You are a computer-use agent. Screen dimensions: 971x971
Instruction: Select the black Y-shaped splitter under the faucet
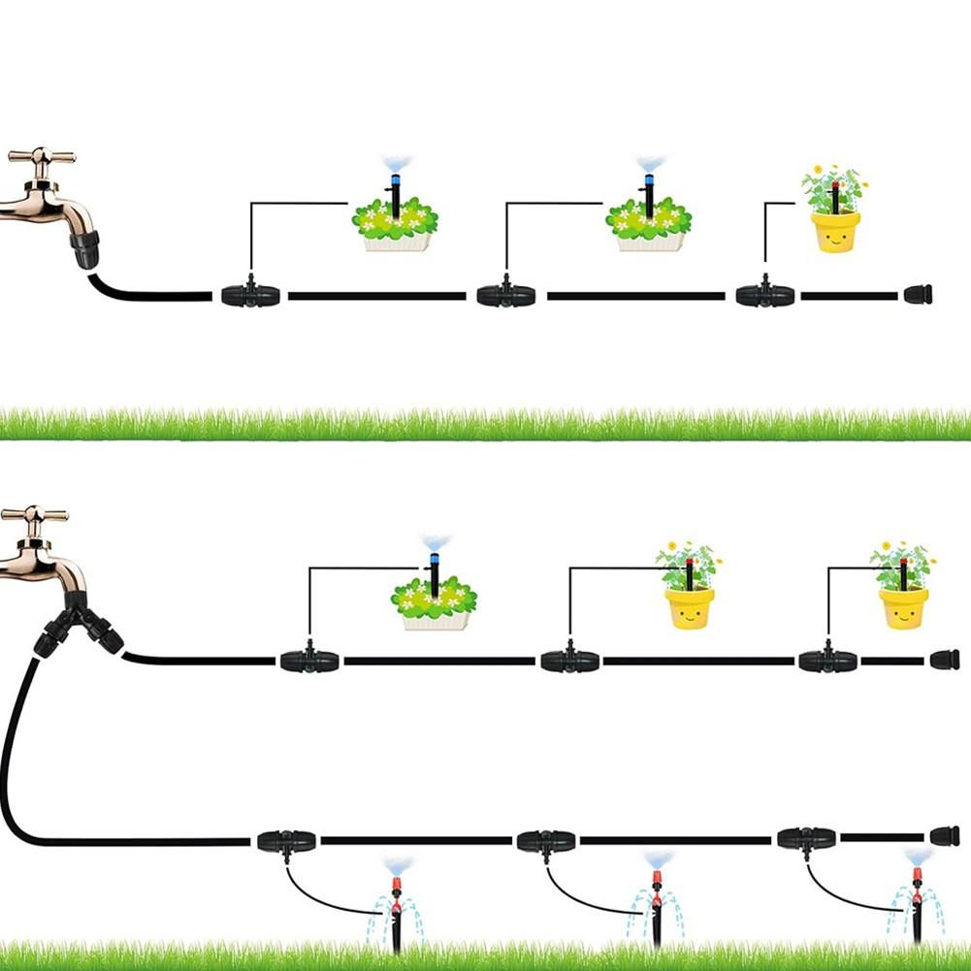coord(78,626)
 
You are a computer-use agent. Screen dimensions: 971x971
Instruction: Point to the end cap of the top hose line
coord(918,295)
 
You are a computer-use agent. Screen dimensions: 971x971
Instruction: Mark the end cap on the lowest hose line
coord(944,836)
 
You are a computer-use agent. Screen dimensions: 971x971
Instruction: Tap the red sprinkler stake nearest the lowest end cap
coord(916,902)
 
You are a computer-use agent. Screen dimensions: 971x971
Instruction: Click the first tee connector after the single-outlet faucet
coord(250,295)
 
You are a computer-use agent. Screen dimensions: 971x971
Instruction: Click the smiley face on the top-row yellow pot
coord(835,235)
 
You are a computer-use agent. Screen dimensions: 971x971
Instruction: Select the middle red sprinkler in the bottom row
coord(656,902)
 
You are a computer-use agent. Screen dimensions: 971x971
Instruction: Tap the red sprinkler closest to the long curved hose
coord(396,902)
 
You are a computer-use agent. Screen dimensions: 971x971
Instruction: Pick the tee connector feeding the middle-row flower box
coord(309,662)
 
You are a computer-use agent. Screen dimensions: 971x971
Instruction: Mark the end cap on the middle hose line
coord(944,661)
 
